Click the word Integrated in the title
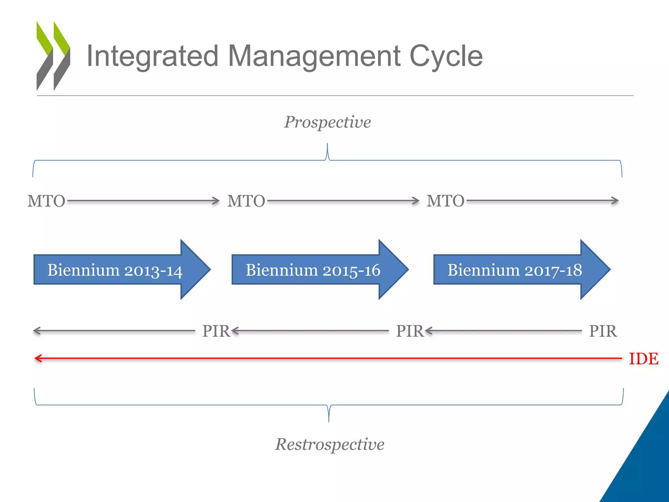coord(152,56)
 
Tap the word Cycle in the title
coord(446,56)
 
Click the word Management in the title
coord(314,56)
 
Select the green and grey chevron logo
coord(53,56)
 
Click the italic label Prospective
coord(327,122)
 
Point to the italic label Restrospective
coord(330,444)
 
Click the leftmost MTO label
coord(46,201)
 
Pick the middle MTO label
coord(246,201)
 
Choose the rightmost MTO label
coord(445,201)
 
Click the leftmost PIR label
coord(216,331)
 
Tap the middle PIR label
coord(409,331)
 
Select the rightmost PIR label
coord(603,331)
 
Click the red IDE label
coord(644,359)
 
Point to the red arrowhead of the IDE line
coord(38,359)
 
